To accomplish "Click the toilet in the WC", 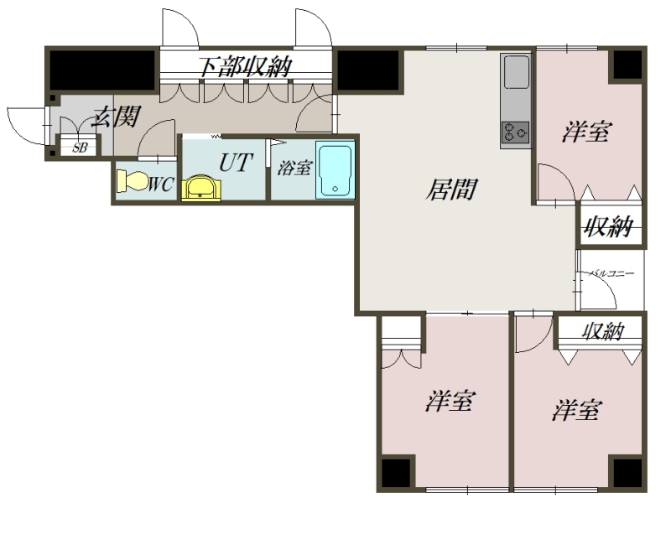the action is [x=133, y=181].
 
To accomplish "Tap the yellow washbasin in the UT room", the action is [x=201, y=188].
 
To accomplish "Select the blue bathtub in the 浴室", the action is [x=335, y=170].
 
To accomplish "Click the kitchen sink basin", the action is [x=517, y=71].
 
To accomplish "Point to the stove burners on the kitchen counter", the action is [x=515, y=132].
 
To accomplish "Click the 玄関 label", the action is [x=117, y=116].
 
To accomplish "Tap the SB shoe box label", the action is [x=80, y=148].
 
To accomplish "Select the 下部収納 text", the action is [x=246, y=66].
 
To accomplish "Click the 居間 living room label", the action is [x=451, y=189].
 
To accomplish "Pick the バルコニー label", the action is [x=611, y=273].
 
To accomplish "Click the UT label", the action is [x=236, y=163].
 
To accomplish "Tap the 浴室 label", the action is [x=294, y=168].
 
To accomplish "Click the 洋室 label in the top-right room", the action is [x=587, y=132].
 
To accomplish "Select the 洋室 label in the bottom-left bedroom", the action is [x=450, y=401].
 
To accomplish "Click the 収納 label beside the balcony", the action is [x=608, y=226].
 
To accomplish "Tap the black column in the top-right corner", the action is [x=627, y=65].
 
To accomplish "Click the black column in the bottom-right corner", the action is [x=627, y=473].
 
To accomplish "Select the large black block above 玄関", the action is [x=102, y=70].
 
